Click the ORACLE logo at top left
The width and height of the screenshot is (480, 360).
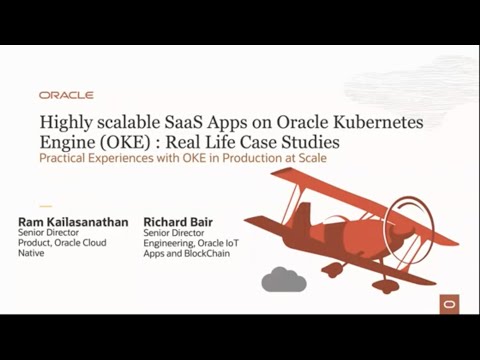(x=66, y=95)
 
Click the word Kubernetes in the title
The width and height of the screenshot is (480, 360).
(x=376, y=121)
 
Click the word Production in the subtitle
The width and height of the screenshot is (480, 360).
(x=240, y=158)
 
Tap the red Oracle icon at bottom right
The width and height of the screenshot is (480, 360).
(x=450, y=301)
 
